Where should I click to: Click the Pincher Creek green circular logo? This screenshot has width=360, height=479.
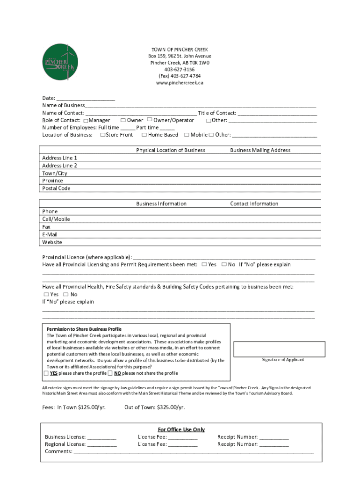[x=60, y=62]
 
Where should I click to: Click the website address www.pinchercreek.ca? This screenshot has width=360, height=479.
[x=180, y=83]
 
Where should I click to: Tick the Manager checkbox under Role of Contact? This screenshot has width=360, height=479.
[x=86, y=121]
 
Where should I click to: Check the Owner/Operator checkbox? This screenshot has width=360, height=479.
[x=150, y=120]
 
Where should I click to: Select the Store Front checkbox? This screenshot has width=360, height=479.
[x=102, y=135]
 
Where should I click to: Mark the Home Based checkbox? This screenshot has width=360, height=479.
[x=144, y=135]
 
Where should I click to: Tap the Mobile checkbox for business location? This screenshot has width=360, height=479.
[x=187, y=135]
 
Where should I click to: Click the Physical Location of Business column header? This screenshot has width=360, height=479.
[x=171, y=150]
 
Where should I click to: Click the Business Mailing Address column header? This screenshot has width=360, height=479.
[x=260, y=150]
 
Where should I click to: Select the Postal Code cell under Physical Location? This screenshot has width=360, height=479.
[x=180, y=188]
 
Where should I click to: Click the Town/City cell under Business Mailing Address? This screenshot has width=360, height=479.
[x=274, y=173]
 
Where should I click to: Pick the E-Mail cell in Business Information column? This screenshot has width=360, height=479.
[x=180, y=234]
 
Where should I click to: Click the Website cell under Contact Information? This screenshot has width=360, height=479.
[x=274, y=242]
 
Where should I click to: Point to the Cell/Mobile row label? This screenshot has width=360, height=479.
[x=56, y=219]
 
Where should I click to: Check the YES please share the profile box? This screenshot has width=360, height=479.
[x=46, y=373]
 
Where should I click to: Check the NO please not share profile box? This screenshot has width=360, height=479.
[x=110, y=373]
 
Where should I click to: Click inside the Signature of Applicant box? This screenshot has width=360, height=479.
[x=279, y=349]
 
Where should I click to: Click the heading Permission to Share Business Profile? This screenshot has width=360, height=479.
[x=84, y=329]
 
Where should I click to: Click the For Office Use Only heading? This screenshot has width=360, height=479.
[x=181, y=429]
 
